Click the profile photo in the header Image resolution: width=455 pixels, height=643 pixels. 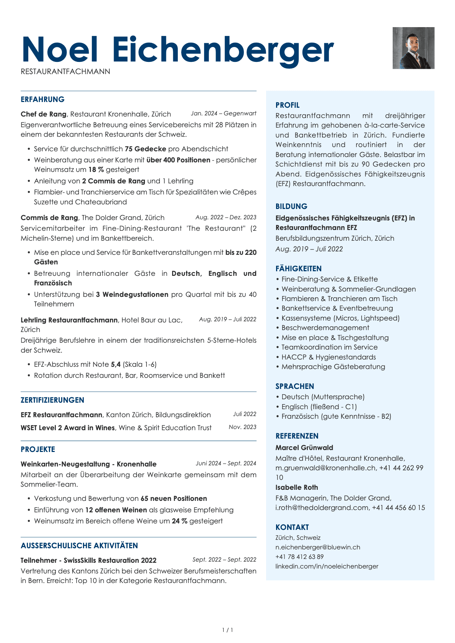(413, 48)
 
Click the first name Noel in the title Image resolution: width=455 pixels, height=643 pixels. (60, 50)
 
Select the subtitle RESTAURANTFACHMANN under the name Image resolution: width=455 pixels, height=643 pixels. (65, 72)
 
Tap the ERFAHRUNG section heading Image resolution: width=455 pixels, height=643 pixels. (42, 99)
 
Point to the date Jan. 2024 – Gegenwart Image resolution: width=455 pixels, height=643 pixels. (223, 113)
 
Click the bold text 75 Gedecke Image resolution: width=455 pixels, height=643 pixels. (145, 149)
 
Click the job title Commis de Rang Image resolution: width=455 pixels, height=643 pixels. (49, 218)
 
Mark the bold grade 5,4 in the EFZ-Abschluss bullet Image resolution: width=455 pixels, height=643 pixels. (115, 364)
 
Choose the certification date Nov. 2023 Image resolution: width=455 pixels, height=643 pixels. (242, 427)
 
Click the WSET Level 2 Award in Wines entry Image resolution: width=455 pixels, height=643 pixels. (68, 428)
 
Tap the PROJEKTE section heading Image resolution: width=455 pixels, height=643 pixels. (38, 449)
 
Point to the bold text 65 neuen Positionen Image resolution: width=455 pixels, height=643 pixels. (174, 499)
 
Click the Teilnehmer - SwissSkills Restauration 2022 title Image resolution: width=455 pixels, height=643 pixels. (88, 560)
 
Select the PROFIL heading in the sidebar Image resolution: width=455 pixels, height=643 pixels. (288, 105)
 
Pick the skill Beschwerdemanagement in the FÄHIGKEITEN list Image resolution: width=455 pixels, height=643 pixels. (325, 328)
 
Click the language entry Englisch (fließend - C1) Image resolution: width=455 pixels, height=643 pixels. (319, 407)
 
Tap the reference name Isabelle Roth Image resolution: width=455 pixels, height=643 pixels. (297, 488)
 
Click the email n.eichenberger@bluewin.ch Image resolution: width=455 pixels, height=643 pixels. (318, 547)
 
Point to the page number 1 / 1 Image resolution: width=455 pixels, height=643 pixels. (227, 630)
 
